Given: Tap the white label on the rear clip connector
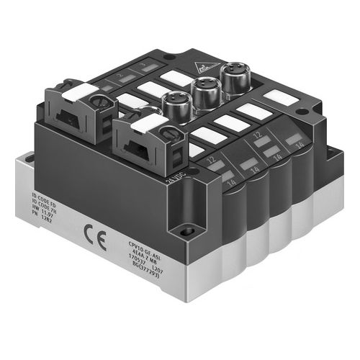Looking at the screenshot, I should (x=81, y=92).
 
